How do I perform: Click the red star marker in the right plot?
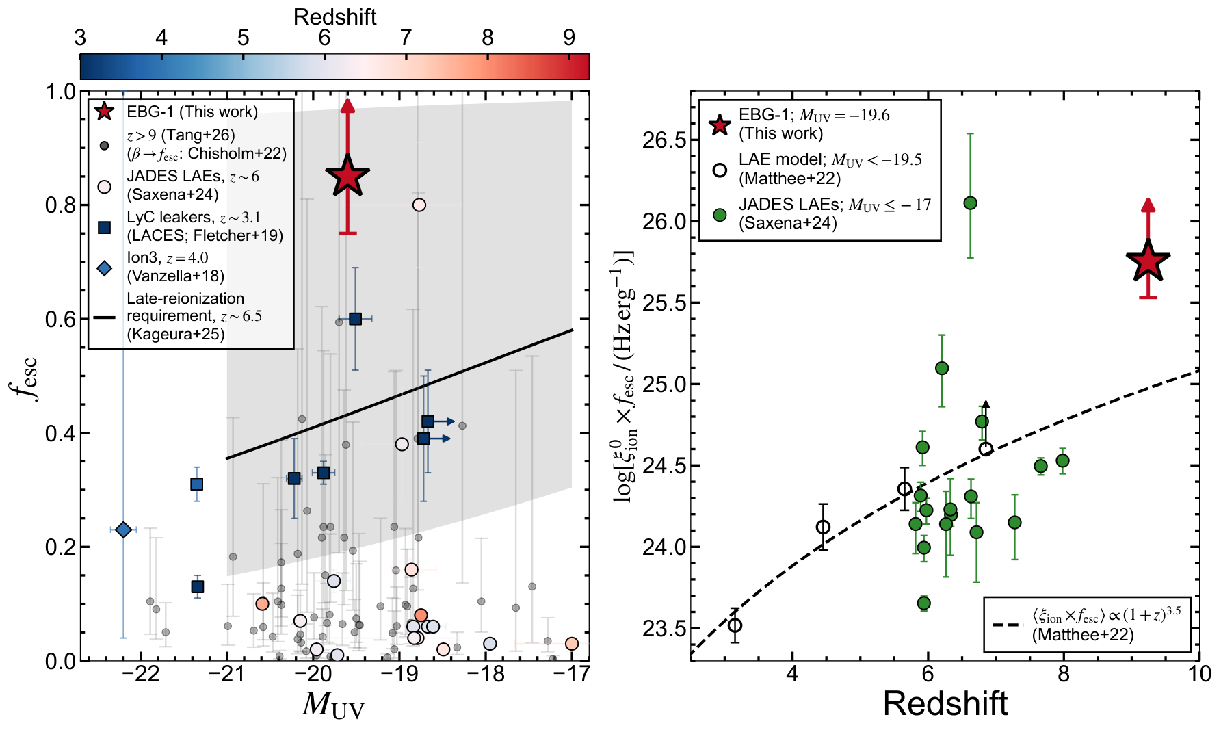(x=1148, y=261)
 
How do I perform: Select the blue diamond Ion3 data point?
(x=123, y=530)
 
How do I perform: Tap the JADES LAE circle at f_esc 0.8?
(x=419, y=205)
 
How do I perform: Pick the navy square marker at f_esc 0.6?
(x=355, y=319)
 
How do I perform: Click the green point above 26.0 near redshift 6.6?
(x=970, y=203)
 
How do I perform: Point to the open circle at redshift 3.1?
(x=735, y=625)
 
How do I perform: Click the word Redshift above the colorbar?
(x=334, y=16)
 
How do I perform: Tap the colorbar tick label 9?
(x=569, y=38)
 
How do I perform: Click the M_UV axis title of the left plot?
(x=333, y=705)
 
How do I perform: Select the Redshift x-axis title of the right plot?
(x=945, y=703)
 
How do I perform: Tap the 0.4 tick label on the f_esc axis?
(x=60, y=433)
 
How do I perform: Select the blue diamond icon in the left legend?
(x=104, y=268)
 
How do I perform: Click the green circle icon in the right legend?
(x=720, y=215)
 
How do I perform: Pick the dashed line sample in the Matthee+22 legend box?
(x=1008, y=625)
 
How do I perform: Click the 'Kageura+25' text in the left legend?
(x=176, y=334)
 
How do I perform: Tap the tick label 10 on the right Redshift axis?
(x=1199, y=674)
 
